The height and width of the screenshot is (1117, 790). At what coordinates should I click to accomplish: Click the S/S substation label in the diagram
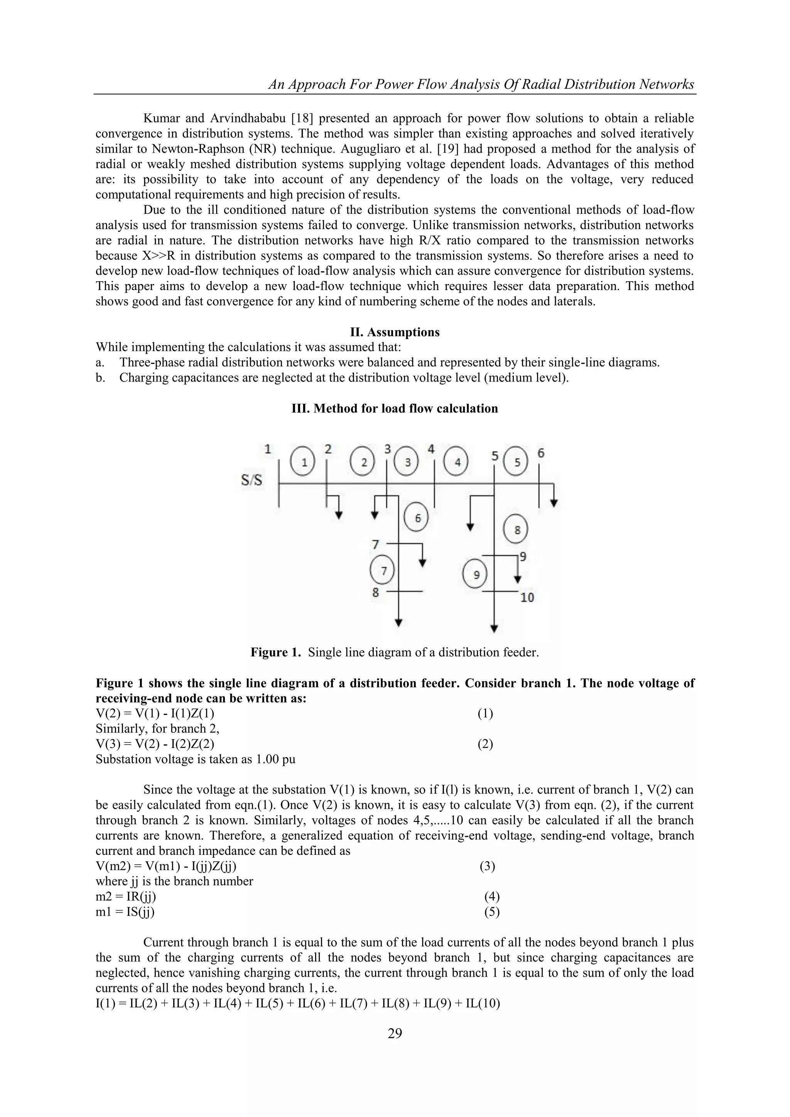coord(252,481)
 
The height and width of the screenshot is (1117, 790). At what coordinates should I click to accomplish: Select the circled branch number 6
coord(417,518)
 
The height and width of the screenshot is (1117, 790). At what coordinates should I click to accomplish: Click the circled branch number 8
coord(517,530)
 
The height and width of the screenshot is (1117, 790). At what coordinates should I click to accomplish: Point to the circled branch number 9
coord(476,575)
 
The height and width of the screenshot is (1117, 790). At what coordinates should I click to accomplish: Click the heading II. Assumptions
coord(395,332)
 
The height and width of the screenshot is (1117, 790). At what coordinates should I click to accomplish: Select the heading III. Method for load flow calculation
coord(395,408)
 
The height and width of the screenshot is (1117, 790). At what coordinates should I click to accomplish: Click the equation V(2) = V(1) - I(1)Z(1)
coord(155,714)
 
